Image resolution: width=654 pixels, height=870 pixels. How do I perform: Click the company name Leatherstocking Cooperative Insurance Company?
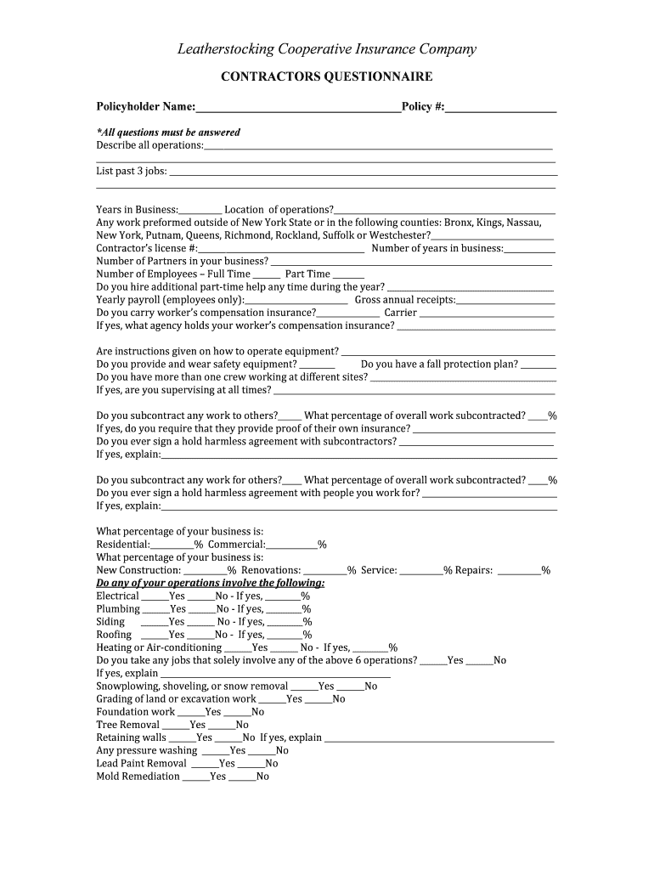click(326, 49)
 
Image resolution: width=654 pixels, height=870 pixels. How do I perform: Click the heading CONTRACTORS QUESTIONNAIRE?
click(326, 77)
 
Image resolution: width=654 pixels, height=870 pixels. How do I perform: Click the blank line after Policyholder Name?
click(298, 108)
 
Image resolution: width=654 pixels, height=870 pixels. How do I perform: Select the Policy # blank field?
click(500, 108)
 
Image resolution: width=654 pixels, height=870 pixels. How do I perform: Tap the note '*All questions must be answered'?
click(168, 133)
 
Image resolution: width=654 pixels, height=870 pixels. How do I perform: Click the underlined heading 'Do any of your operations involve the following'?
click(210, 584)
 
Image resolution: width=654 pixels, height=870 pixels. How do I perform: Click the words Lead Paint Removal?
click(141, 764)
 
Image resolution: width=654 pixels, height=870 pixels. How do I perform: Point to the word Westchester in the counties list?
click(397, 235)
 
